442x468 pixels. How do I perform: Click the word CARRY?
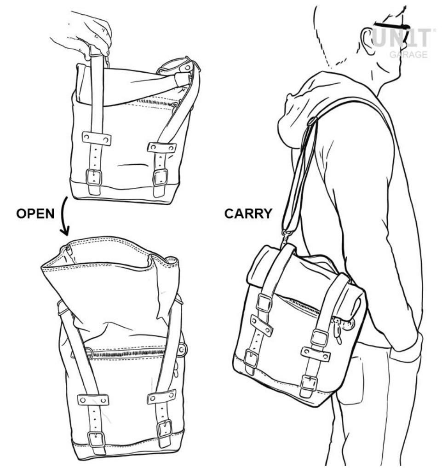click(248, 214)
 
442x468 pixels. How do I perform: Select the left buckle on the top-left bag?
click(94, 177)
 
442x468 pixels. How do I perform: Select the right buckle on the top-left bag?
click(161, 177)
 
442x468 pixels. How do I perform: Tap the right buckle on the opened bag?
click(164, 429)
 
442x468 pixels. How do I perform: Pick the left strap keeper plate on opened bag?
click(93, 400)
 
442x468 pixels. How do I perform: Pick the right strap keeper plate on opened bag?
click(161, 396)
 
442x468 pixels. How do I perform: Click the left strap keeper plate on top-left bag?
click(97, 138)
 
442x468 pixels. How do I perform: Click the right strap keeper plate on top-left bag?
click(162, 148)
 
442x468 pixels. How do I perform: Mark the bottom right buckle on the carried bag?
click(309, 382)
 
